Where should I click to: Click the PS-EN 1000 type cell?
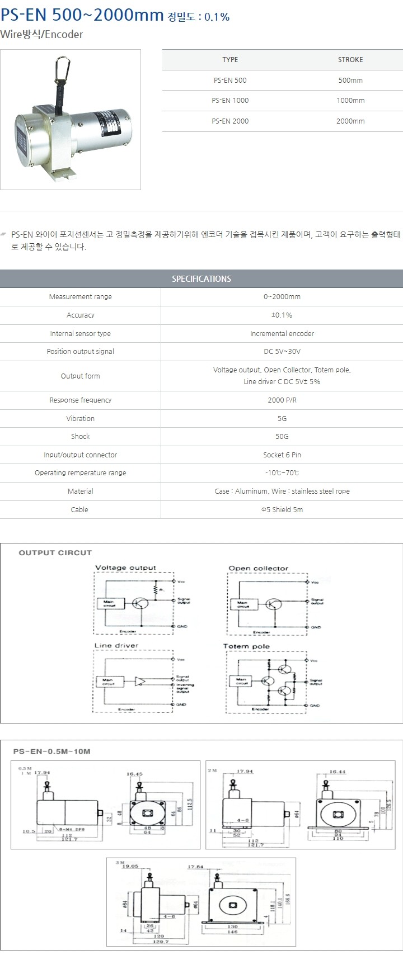click(x=230, y=101)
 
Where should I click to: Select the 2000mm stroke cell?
click(x=350, y=121)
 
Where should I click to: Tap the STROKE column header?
click(x=350, y=60)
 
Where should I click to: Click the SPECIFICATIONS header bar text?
click(x=201, y=279)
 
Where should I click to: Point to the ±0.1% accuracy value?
click(x=282, y=315)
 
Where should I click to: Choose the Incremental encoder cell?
click(x=282, y=334)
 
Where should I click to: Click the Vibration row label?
click(x=80, y=419)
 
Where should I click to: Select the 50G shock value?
click(x=282, y=437)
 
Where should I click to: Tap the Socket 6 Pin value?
click(x=282, y=455)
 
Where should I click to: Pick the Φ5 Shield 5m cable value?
click(x=282, y=510)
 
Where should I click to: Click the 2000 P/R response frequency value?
click(x=282, y=400)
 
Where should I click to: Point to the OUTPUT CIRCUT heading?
click(x=55, y=553)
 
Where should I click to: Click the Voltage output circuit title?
click(x=125, y=568)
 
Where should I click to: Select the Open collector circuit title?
click(x=258, y=569)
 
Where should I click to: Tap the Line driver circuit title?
click(x=116, y=646)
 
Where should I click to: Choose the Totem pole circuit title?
click(x=246, y=646)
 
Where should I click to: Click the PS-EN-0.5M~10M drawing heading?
click(x=51, y=751)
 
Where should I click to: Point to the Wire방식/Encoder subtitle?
click(x=41, y=35)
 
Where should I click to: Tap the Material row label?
click(x=80, y=491)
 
